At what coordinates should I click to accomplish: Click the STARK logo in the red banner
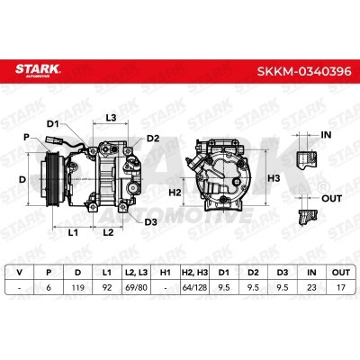coord(38,71)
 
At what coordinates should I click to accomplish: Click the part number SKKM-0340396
coord(304,71)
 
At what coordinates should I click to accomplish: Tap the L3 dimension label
coord(111,118)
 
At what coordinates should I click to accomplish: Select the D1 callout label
coord(53,123)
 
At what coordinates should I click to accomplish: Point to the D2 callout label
coord(153,139)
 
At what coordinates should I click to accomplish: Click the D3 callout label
coord(151,222)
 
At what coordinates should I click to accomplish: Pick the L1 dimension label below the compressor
coord(73,232)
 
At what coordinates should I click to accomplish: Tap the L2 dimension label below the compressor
coord(108,232)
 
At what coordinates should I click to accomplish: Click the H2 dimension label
coord(175,193)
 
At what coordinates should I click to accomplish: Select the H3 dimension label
coord(274,178)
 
